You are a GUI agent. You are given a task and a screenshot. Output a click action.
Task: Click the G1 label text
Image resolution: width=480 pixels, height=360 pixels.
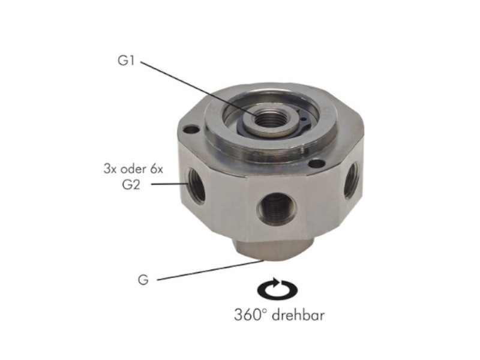pos(126,61)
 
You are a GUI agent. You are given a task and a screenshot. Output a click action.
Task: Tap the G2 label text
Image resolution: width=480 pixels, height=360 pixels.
pos(131,184)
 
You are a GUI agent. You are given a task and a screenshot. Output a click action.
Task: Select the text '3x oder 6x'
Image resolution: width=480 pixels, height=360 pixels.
pos(133,169)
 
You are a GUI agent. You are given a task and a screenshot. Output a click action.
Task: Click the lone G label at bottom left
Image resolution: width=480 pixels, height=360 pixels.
pos(143,280)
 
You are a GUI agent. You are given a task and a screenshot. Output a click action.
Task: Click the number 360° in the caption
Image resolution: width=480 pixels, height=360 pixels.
pos(251,315)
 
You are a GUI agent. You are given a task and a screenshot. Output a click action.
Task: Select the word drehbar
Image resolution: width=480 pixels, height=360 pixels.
pos(298,315)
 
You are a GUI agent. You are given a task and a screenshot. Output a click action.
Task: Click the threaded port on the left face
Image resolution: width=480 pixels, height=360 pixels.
pos(196,186)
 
